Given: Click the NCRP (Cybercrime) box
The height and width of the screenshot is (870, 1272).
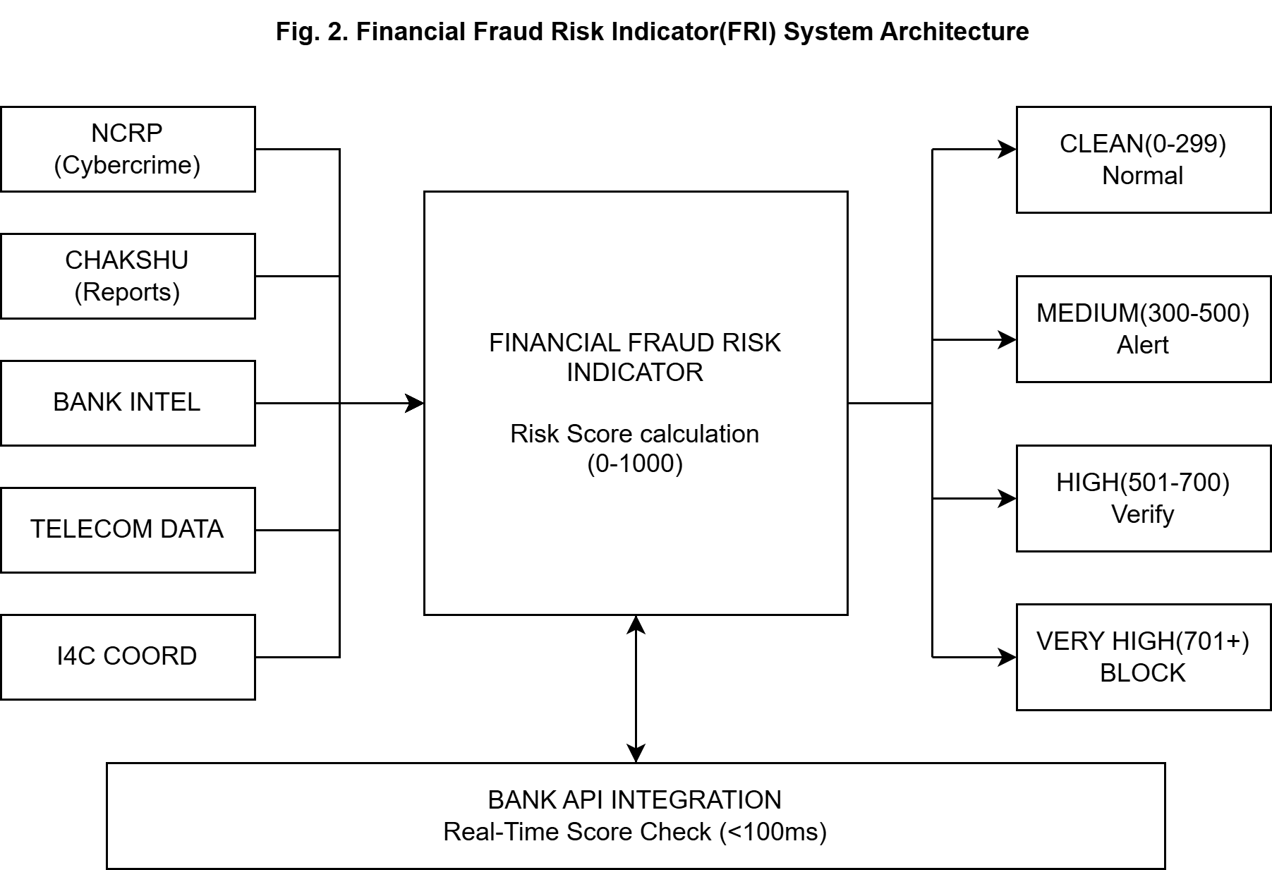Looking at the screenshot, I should point(128,149).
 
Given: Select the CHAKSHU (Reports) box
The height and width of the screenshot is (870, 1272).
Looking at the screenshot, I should point(128,276).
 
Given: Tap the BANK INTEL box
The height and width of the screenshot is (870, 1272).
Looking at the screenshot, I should point(128,403).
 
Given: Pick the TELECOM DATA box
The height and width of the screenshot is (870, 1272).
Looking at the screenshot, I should point(128,530).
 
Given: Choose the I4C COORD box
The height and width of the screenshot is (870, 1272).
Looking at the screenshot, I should point(128,657).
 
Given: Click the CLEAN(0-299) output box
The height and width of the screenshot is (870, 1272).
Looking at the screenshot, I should point(1143,159).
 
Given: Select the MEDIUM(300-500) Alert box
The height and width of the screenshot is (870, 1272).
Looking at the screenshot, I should point(1143,329).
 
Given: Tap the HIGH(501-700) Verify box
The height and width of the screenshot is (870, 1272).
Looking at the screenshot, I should point(1143,498).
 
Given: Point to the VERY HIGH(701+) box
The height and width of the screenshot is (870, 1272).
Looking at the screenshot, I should point(1143,657).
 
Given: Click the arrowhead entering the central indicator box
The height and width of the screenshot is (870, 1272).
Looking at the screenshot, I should point(415,403).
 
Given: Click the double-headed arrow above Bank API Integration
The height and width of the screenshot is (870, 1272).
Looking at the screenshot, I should point(636,689).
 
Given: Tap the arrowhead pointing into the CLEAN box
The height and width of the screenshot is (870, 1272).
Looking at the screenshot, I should point(1007,149).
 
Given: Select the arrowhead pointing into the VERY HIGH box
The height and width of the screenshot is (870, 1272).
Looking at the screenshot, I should point(1007,657).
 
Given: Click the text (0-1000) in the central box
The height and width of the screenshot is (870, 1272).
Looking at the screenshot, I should point(635,464).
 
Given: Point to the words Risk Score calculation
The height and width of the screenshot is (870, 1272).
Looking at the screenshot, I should point(634,433).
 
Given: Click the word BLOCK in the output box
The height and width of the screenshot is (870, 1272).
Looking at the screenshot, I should point(1142,673).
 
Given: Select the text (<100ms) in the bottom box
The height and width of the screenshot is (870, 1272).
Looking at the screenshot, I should point(773,832).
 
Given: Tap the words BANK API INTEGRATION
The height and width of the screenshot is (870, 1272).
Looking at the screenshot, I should point(634,800).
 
